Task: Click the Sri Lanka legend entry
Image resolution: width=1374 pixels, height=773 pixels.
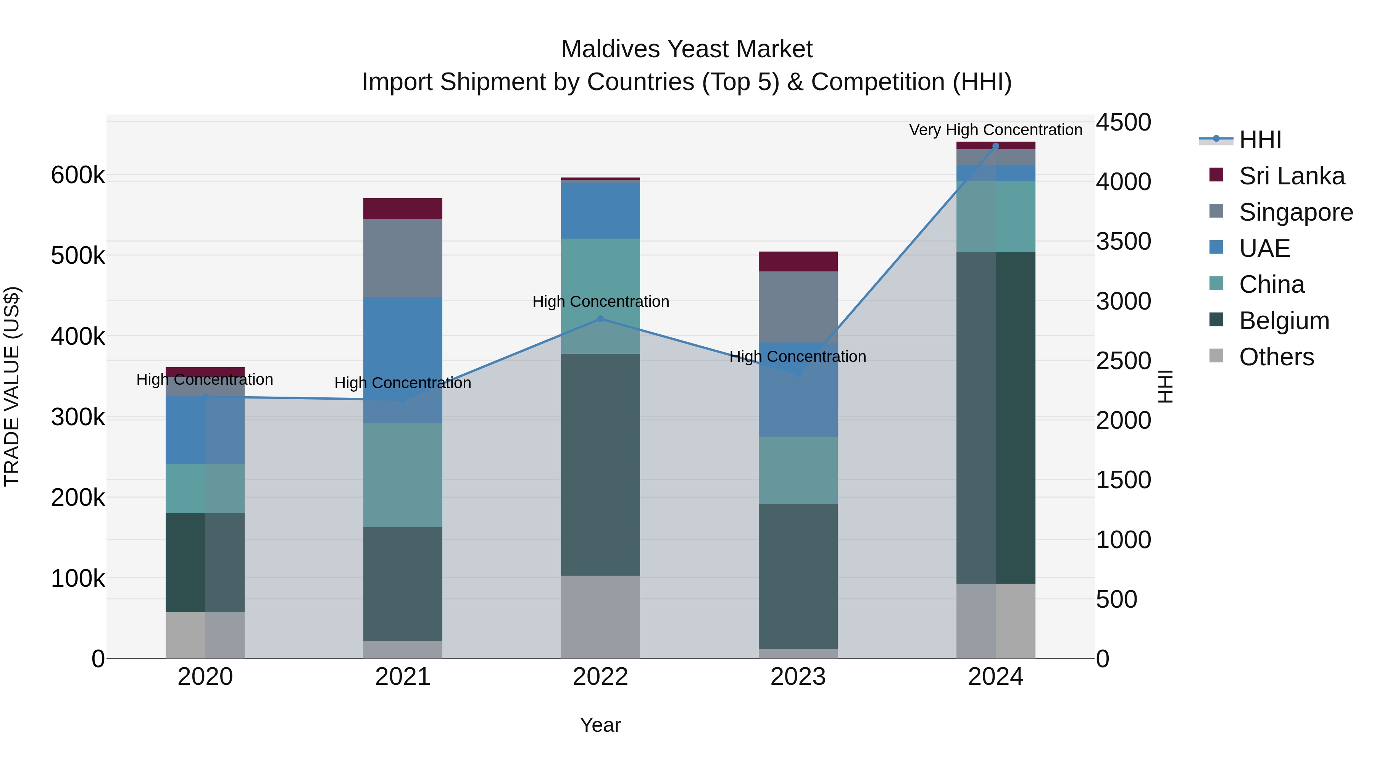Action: coord(1291,176)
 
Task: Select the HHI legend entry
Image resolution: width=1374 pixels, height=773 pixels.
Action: coord(1260,140)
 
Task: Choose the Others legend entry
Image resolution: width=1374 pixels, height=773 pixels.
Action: coord(1276,357)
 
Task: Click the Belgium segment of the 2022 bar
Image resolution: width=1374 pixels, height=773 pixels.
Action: coord(600,464)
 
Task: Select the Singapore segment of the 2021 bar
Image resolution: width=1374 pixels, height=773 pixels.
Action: coord(403,258)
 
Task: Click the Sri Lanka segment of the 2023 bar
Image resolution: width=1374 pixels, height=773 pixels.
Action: coord(798,261)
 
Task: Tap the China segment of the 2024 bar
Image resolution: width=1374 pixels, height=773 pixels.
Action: coord(995,216)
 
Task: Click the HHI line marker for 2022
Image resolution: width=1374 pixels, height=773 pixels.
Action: coord(600,319)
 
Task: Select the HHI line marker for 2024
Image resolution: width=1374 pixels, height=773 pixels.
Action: coord(995,146)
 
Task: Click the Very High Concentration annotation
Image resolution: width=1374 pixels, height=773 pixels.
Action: coord(995,130)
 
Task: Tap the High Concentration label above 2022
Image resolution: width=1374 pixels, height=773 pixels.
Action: coord(600,302)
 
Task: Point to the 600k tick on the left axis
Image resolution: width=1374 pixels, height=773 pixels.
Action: coord(78,175)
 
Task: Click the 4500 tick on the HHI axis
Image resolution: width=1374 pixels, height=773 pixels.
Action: coord(1123,122)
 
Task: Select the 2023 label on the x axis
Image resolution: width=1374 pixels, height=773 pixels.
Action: coord(798,677)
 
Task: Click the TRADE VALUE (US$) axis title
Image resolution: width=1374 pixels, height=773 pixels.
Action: coord(12,386)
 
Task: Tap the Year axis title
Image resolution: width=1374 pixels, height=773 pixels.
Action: coord(600,725)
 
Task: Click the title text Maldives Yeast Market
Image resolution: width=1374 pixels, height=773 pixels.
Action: coord(687,49)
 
